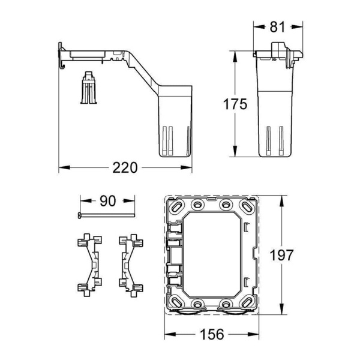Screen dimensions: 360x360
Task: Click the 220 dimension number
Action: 125,167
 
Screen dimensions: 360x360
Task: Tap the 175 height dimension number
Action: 234,104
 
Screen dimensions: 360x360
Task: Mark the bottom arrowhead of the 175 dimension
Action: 235,154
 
